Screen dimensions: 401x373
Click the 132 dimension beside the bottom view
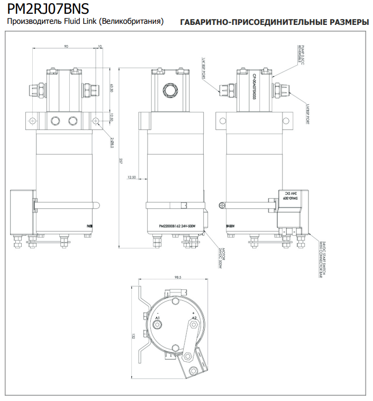[x=133, y=335]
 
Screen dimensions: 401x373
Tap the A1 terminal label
[x=157, y=317]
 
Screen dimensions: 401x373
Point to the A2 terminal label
[x=194, y=317]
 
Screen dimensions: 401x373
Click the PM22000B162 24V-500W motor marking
[x=177, y=226]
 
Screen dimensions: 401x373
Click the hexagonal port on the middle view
[x=171, y=90]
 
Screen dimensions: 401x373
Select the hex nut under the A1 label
[x=157, y=324]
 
